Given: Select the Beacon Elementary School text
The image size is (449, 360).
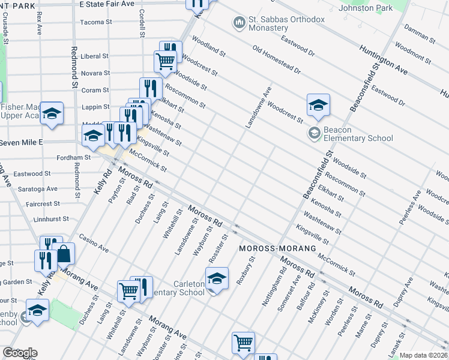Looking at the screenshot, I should click(x=358, y=134).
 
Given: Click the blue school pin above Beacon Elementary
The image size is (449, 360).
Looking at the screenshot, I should click(x=318, y=105).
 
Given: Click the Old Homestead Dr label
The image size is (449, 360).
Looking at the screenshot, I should click(x=276, y=60).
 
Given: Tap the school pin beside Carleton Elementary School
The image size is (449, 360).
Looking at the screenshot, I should click(x=217, y=278).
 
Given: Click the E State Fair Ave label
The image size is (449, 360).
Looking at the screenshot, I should click(x=107, y=4).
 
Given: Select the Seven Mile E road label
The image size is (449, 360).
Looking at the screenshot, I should click(x=22, y=142).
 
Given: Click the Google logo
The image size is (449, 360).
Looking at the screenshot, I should click(x=20, y=353).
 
